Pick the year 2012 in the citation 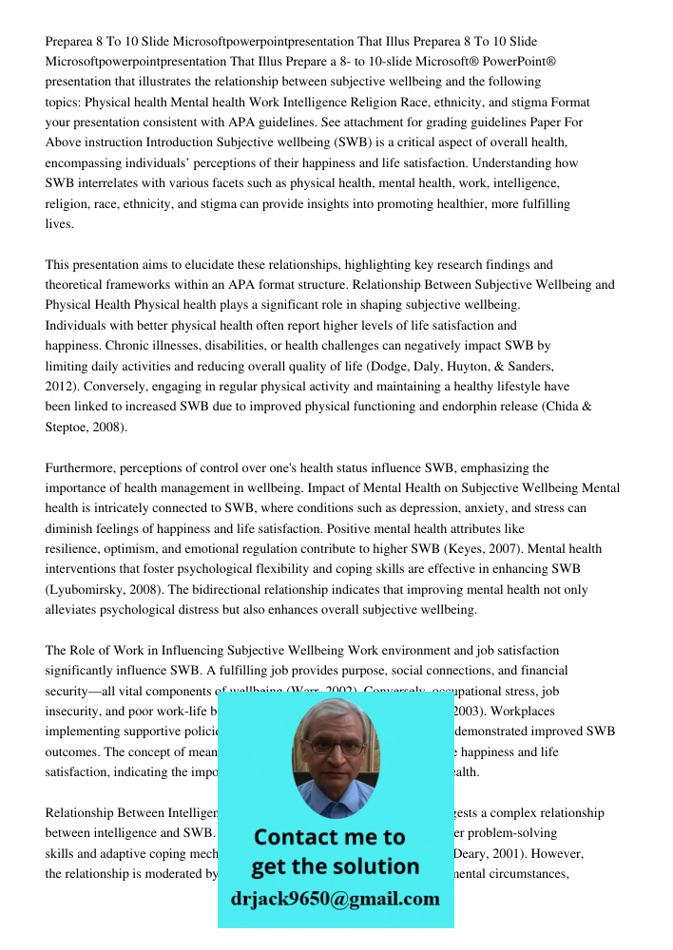tap(60, 387)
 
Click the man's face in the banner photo tap(335, 750)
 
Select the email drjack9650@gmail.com tap(336, 899)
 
